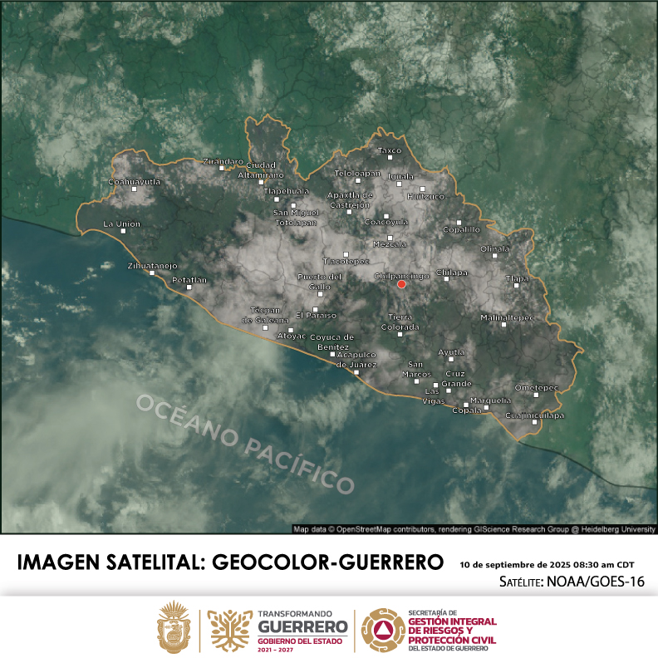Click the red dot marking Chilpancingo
401,284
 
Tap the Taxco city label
390,150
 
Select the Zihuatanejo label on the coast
152,266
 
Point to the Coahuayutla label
135,181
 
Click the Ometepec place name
536,387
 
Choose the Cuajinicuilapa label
535,415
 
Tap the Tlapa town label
517,279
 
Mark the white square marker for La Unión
124,231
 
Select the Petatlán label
189,280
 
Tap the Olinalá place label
495,248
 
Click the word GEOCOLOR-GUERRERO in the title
328,562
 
